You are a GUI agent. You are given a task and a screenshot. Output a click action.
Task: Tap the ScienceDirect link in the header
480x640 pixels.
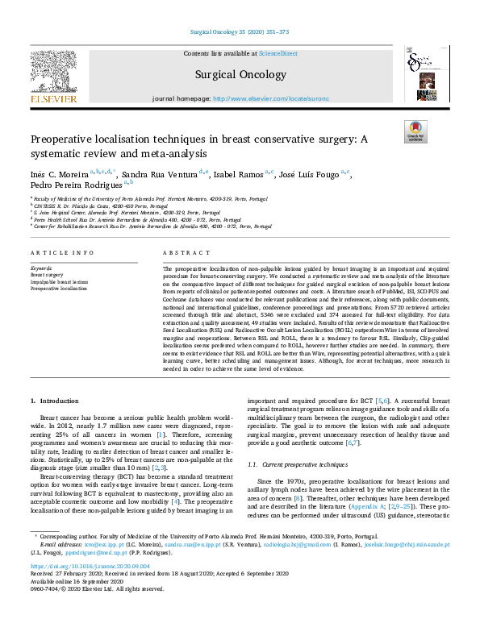pyautogui.click(x=278, y=53)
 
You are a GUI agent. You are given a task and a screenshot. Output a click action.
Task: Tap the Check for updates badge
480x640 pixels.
pyautogui.click(x=415, y=131)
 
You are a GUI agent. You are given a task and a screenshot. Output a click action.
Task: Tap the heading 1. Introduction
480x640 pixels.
pyautogui.click(x=55, y=401)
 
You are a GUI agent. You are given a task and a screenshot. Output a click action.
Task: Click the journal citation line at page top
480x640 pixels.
pyautogui.click(x=240, y=31)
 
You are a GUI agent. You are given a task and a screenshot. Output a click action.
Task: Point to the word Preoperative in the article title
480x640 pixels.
pyautogui.click(x=65, y=139)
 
